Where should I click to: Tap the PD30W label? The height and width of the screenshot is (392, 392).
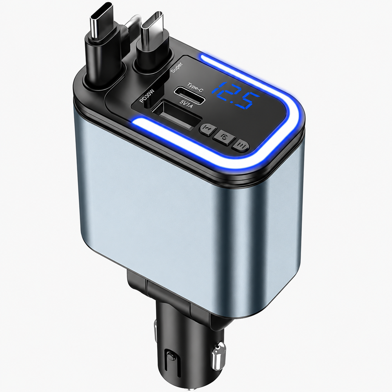point(147,96)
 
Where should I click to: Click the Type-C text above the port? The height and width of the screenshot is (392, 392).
point(195,87)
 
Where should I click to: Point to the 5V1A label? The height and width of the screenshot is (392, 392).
point(186,103)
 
